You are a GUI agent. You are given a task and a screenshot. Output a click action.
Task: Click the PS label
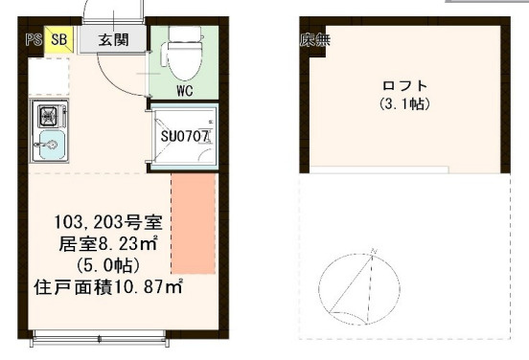pos(33,40)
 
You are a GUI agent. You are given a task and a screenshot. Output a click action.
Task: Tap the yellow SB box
pos(58,40)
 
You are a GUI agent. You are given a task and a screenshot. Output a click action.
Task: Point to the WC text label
pos(186,92)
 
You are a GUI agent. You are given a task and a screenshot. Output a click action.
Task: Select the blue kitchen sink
pos(50,147)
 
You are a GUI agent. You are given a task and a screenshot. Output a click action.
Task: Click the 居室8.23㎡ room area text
pos(107,243)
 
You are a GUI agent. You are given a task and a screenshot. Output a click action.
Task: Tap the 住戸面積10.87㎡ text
pos(107,285)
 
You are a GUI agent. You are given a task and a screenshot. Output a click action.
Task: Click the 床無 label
pos(315,40)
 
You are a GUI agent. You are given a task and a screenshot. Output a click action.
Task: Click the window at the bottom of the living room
pos(100,337)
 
